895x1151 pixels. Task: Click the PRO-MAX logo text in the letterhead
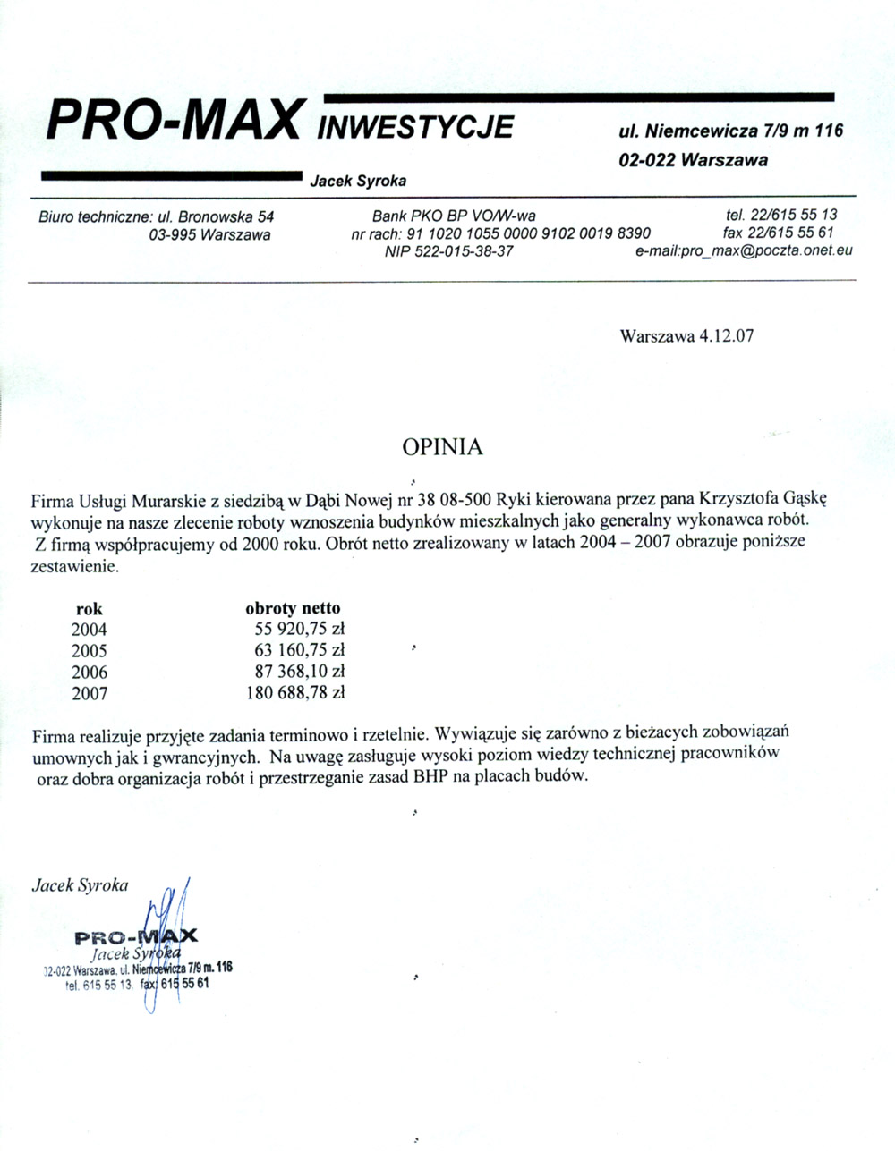pos(172,121)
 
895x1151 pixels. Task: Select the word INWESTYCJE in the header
pos(415,127)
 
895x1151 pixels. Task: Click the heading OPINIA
pos(442,447)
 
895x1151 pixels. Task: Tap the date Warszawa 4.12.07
pos(686,337)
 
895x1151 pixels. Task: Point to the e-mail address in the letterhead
pos(744,250)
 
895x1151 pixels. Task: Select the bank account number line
pos(501,233)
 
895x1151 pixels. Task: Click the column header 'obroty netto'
pos(293,608)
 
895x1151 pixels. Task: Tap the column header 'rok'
pos(89,609)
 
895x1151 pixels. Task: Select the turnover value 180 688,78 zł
pos(295,692)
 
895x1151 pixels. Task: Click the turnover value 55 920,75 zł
pos(300,629)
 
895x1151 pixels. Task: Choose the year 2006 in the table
pos(89,672)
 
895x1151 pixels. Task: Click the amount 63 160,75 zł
pos(300,650)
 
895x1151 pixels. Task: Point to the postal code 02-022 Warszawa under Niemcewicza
pos(693,161)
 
